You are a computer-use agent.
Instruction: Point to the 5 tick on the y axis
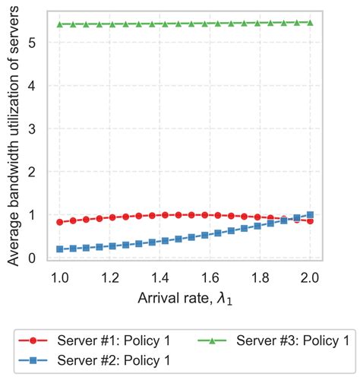pos(33,43)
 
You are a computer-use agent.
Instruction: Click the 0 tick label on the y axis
pos(33,258)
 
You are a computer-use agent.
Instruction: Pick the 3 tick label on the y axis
pos(33,129)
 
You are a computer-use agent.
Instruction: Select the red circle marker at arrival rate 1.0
pos(60,222)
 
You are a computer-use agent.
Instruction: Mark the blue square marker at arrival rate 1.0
pos(60,249)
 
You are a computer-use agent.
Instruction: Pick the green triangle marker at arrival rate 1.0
pos(60,24)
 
